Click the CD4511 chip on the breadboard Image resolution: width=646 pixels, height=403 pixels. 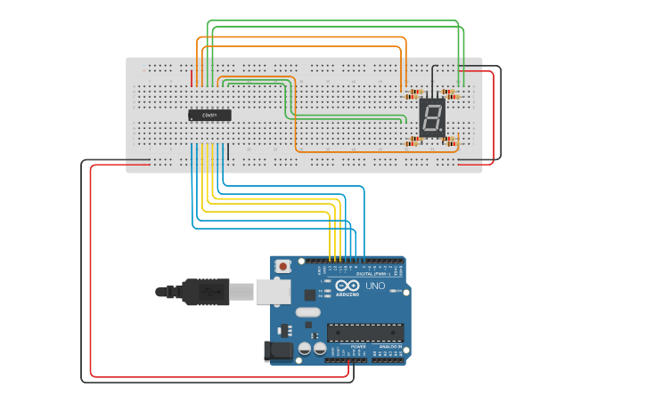point(209,115)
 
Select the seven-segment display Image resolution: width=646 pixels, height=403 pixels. point(432,117)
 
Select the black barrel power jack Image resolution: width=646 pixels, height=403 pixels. point(279,351)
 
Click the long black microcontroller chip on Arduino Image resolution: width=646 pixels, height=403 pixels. point(365,333)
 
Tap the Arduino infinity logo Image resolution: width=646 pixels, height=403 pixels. point(348,286)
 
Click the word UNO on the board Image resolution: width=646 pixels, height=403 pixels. point(375,286)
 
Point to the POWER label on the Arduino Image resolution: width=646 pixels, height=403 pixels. point(346,346)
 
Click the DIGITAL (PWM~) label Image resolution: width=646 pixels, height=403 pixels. point(372,272)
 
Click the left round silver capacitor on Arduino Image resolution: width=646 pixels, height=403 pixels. point(305,349)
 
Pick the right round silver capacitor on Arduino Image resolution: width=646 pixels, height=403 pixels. point(318,349)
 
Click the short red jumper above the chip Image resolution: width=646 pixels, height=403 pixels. point(192,78)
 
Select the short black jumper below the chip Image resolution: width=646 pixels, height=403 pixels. point(228,152)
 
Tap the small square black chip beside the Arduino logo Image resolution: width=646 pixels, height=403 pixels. point(309,294)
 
